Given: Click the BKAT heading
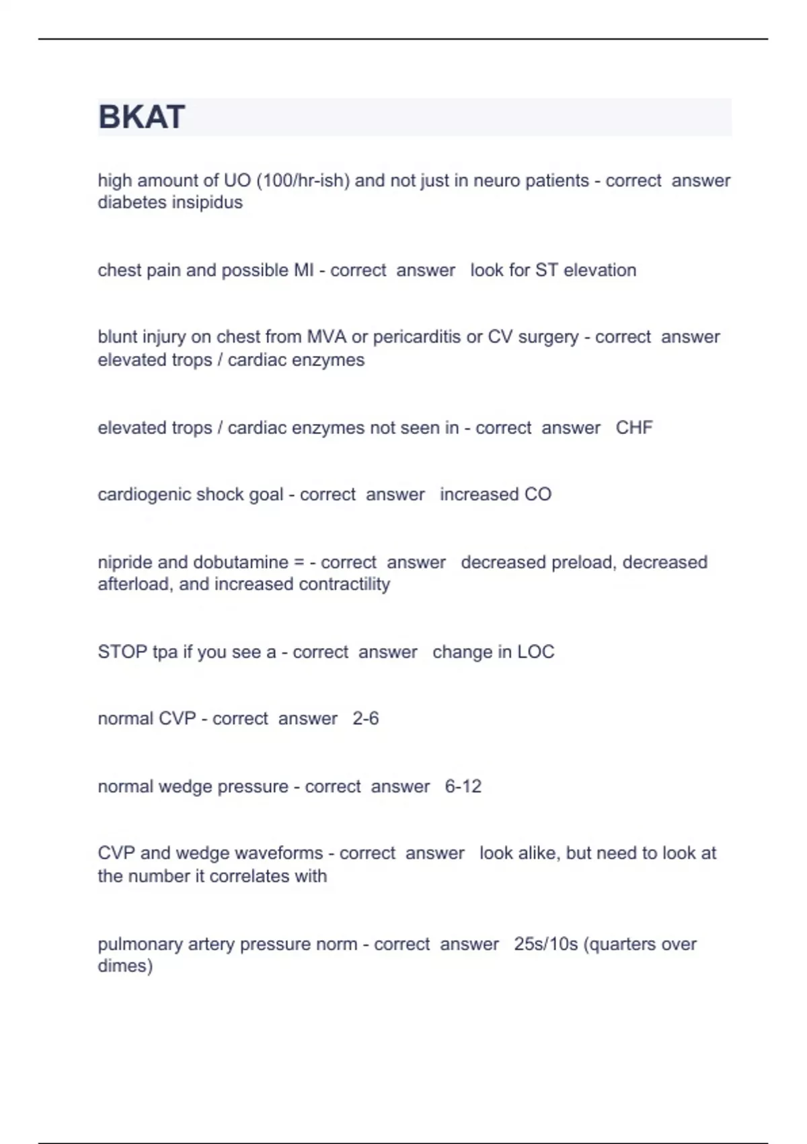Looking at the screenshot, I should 141,117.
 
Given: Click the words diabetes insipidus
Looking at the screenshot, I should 170,203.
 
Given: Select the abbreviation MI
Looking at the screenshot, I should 304,270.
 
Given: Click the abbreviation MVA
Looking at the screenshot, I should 327,336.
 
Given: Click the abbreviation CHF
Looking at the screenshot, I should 634,427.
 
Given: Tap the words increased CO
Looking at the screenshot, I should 496,494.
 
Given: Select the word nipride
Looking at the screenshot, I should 125,562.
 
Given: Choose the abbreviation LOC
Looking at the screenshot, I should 536,651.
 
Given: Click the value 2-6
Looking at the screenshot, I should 366,719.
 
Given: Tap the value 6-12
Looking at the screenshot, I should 463,786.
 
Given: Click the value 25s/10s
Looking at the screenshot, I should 546,944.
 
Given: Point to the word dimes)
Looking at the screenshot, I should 125,966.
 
